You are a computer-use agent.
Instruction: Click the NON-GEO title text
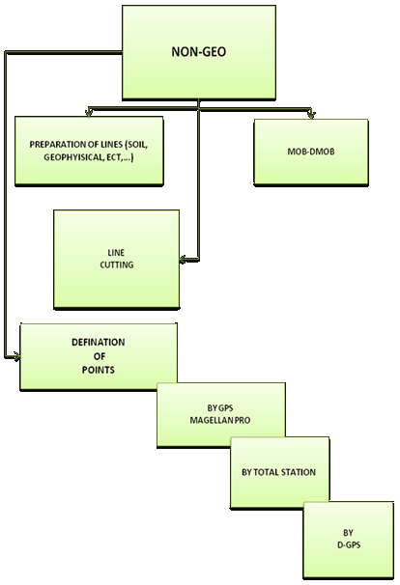coord(199,52)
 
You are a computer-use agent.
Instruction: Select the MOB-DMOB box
coord(311,152)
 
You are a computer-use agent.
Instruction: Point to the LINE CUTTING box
coord(117,259)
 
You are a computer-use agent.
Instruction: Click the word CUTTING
coord(117,265)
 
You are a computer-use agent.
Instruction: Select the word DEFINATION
coord(99,343)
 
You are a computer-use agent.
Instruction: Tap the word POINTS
coord(99,370)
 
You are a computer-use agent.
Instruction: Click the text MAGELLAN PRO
coord(220,420)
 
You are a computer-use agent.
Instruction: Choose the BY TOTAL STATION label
coord(278,472)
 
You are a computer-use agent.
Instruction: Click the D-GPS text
coord(349,545)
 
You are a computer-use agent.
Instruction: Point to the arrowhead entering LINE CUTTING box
coord(183,260)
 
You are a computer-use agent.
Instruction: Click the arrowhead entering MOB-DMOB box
coord(311,115)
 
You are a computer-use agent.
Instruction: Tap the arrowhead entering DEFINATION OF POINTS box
coord(16,356)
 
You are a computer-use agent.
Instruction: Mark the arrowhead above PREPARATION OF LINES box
coord(89,113)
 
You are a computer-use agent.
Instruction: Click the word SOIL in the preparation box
coord(136,145)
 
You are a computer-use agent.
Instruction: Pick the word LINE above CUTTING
coord(116,253)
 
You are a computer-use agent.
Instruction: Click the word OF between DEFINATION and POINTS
coord(100,356)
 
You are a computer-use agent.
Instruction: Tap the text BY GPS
coord(220,408)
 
